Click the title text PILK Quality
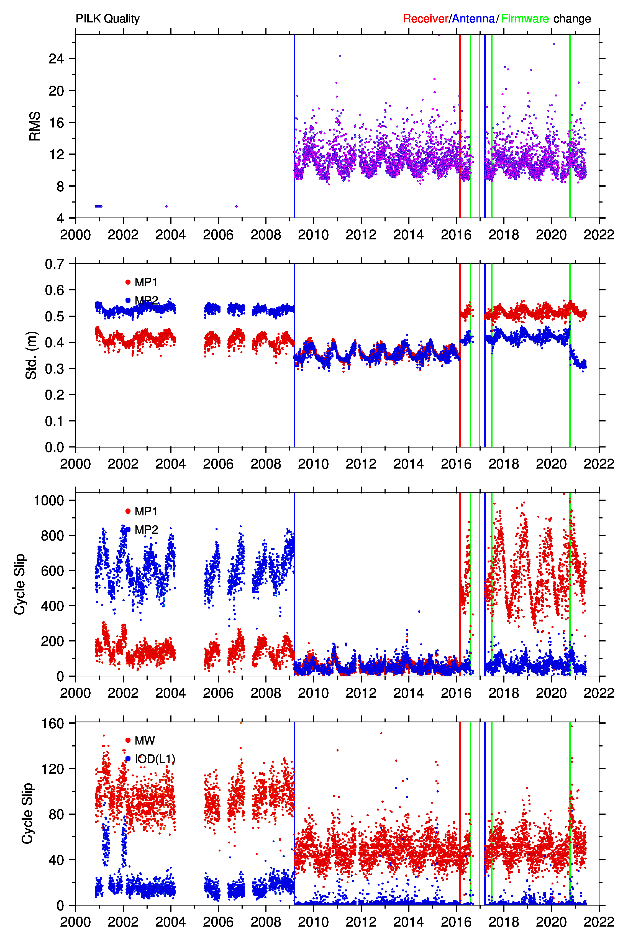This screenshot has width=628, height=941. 107,19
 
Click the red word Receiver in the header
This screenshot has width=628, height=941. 425,19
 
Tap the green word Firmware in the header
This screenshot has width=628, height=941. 525,19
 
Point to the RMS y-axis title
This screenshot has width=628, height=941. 35,126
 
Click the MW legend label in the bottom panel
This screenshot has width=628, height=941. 145,740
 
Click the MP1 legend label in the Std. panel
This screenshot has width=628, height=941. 146,282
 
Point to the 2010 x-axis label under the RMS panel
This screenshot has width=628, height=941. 313,235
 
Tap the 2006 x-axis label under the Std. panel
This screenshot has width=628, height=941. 218,464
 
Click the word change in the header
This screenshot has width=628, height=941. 572,19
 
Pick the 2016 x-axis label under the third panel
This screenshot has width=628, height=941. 456,693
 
